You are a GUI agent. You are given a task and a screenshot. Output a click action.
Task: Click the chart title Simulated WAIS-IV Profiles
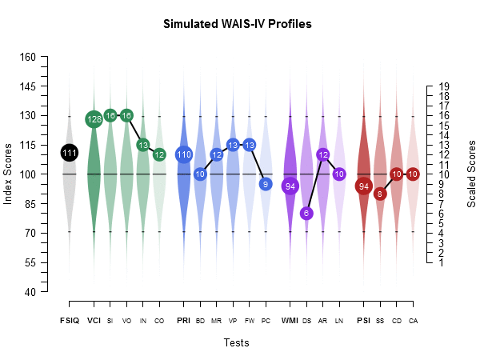237,24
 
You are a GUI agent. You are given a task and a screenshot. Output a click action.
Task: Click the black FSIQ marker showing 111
70,153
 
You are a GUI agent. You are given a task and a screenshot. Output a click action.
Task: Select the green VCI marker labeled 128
94,119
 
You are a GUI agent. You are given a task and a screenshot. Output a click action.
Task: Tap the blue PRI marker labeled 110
184,154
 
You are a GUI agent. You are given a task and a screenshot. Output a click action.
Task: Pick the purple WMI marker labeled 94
290,186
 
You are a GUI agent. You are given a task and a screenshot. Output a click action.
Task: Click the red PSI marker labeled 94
364,186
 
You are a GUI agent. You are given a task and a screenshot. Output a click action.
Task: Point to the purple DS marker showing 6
306,213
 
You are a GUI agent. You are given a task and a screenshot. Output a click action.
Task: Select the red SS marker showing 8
380,194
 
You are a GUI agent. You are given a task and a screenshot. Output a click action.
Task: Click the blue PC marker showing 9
266,184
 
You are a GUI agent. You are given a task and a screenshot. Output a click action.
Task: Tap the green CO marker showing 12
159,154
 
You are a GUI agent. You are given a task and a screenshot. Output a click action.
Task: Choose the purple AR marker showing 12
323,154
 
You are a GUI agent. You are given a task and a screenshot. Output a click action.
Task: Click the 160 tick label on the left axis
28,57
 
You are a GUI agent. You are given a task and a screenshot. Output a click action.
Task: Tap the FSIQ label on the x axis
70,321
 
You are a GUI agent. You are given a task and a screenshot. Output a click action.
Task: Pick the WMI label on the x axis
290,321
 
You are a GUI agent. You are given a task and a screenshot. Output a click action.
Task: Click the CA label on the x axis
413,321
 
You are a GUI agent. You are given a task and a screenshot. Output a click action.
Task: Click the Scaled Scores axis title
471,174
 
